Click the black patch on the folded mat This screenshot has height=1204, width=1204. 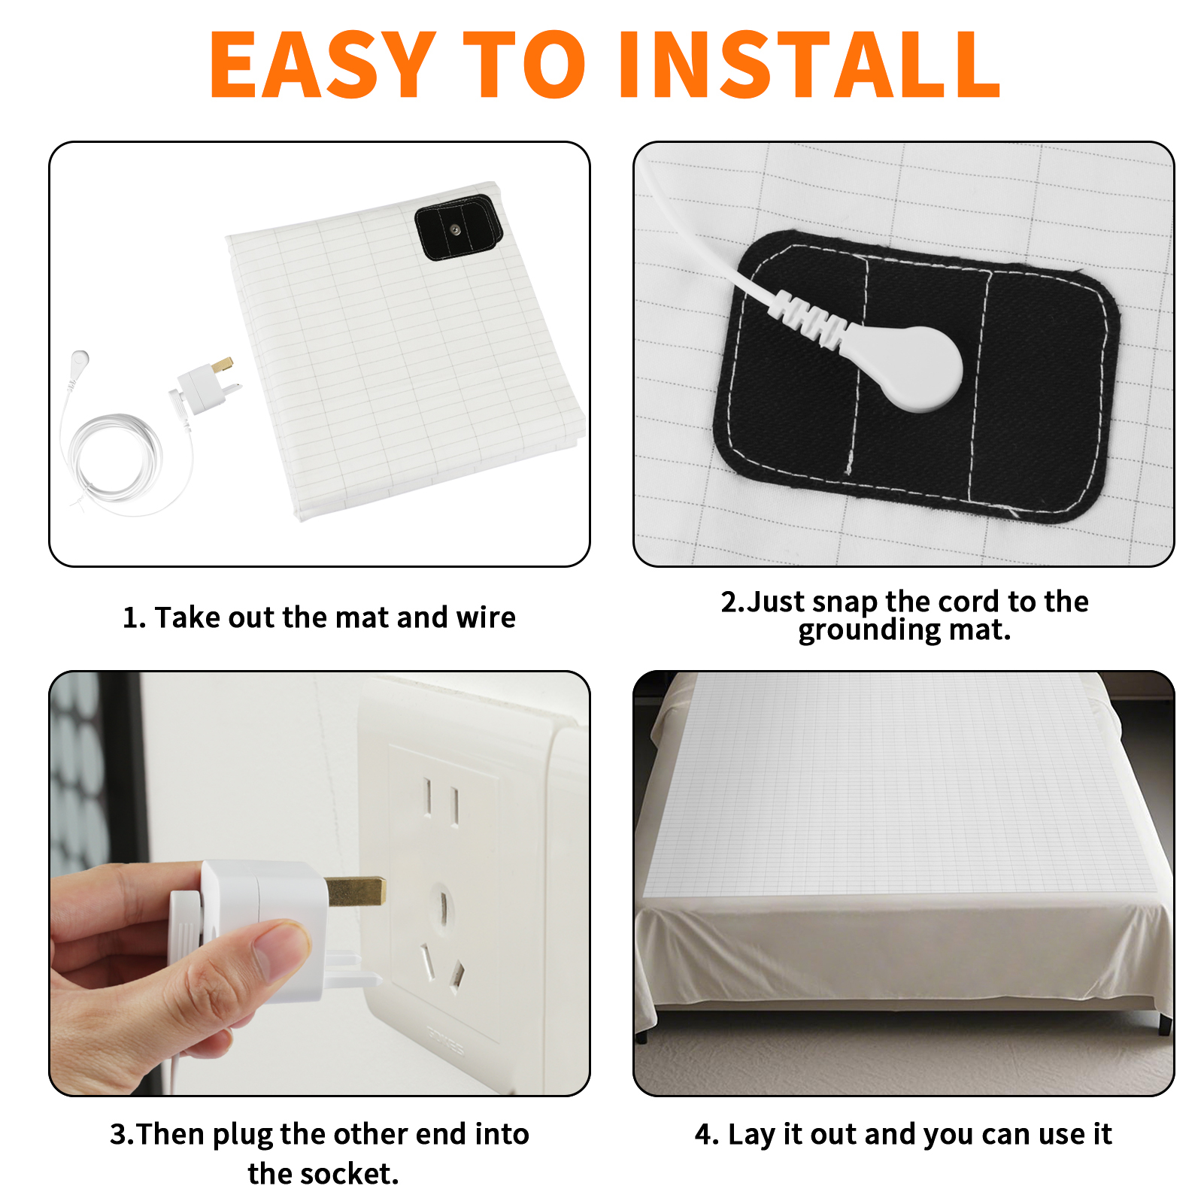[459, 227]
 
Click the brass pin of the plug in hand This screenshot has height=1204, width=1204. [355, 891]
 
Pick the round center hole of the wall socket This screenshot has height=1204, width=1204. [443, 906]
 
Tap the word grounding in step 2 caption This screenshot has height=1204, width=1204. [869, 630]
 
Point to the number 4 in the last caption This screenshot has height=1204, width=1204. [703, 1134]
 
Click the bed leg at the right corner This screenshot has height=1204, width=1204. [1164, 1023]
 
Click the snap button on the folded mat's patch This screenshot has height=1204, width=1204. [455, 229]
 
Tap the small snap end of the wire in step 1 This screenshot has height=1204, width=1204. [79, 359]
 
